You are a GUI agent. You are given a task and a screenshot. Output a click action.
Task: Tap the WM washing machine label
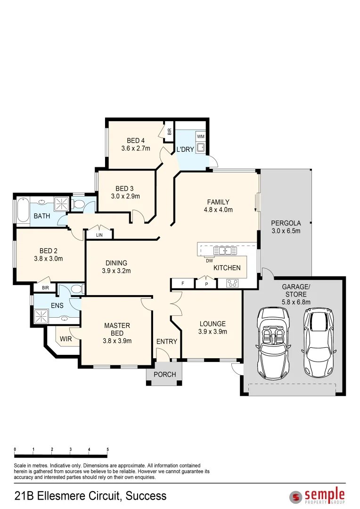[x=201, y=137]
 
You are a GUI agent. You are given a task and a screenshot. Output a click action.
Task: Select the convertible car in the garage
[x=273, y=343]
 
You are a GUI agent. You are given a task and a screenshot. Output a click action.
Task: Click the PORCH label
[x=164, y=374]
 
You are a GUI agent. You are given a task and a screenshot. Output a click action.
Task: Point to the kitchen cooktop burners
[x=232, y=283]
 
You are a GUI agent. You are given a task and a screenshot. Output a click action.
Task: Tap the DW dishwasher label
[x=209, y=261]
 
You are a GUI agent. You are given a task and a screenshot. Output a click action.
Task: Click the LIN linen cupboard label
[x=99, y=235]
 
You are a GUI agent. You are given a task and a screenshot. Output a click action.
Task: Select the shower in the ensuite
[x=41, y=316]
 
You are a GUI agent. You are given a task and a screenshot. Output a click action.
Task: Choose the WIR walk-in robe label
[x=66, y=339]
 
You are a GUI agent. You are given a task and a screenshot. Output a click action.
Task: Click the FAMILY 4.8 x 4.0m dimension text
[x=218, y=210]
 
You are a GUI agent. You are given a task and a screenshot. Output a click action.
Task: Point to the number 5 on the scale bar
[x=107, y=450]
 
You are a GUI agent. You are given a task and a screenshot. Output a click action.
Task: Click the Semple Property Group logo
[x=317, y=496]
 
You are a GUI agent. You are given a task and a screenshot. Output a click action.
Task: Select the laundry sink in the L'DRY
[x=201, y=147]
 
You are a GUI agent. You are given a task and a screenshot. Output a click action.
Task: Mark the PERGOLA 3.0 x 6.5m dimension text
[x=286, y=231]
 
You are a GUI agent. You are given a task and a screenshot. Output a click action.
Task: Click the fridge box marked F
[x=183, y=283]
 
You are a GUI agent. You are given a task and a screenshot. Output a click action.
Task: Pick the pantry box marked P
[x=206, y=284]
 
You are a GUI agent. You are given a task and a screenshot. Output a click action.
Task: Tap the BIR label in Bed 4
[x=169, y=131]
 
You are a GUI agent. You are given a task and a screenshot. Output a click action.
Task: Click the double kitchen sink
[x=225, y=251]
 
